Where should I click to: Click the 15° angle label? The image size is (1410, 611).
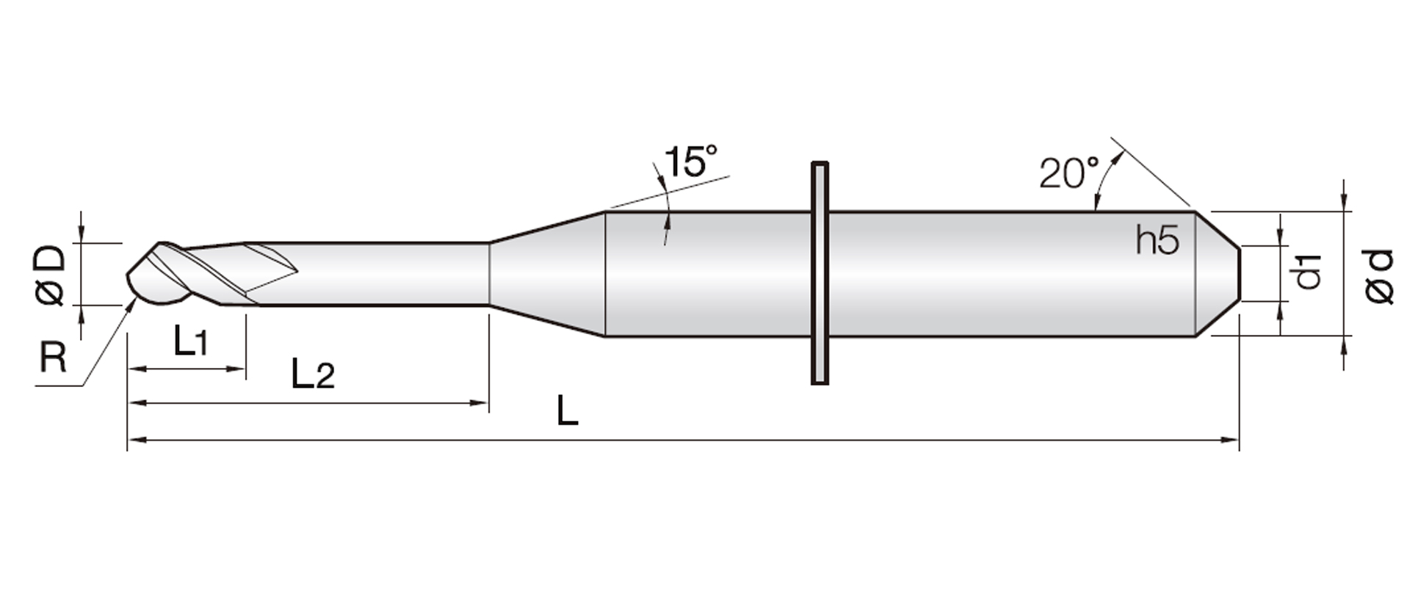(x=690, y=162)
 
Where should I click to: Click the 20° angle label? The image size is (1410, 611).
(x=1069, y=173)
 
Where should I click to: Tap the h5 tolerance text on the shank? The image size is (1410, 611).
(x=1157, y=240)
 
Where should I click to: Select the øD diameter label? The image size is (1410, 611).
(x=50, y=275)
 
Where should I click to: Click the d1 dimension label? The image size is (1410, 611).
(x=1308, y=271)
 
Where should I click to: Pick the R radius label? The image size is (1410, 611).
(x=53, y=358)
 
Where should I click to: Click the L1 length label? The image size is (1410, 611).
(x=191, y=341)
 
